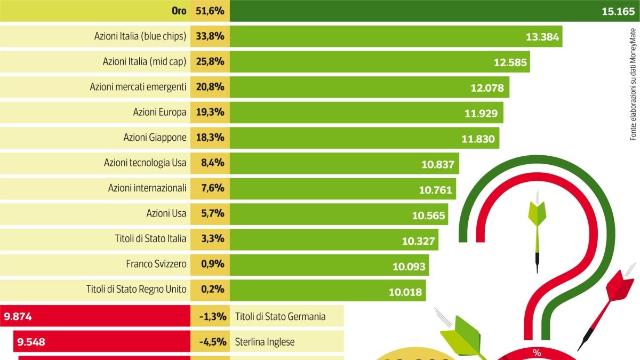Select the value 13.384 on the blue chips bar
tap(542, 37)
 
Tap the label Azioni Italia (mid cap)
tap(145, 62)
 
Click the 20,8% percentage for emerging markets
tap(211, 87)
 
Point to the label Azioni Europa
tap(159, 113)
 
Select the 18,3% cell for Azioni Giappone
tap(211, 138)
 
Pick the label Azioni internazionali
tap(147, 188)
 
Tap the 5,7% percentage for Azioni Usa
tap(211, 213)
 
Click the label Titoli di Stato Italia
tap(150, 238)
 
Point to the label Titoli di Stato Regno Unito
tap(136, 290)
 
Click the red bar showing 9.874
tap(96, 316)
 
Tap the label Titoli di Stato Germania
tap(280, 317)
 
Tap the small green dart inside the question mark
tap(537, 229)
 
